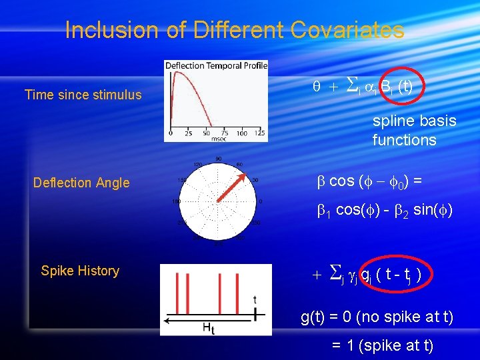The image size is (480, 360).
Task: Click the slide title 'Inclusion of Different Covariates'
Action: (235, 30)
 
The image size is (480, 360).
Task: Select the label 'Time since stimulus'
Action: (83, 95)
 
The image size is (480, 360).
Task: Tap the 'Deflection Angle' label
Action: (81, 183)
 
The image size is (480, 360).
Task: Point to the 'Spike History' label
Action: (80, 271)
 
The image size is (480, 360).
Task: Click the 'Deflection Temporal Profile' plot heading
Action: (216, 65)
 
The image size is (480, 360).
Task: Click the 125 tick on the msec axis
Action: (259, 133)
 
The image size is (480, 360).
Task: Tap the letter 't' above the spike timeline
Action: (255, 299)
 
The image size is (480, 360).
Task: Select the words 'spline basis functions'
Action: (414, 131)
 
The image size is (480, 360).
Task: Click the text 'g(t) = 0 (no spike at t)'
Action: (377, 317)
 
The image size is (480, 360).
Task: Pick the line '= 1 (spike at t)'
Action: (383, 345)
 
